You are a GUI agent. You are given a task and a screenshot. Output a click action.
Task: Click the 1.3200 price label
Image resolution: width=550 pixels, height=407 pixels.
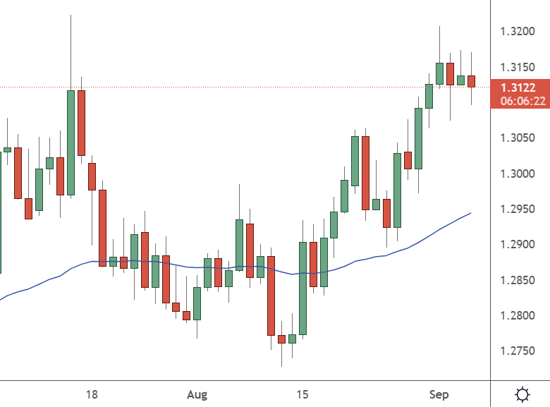(x=518, y=32)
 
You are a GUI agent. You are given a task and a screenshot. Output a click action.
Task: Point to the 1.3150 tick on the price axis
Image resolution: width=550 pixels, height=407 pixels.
(x=518, y=68)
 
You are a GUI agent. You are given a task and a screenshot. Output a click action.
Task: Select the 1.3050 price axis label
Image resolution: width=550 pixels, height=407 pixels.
(x=518, y=138)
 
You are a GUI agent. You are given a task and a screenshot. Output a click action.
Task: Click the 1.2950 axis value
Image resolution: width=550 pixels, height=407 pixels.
(x=518, y=209)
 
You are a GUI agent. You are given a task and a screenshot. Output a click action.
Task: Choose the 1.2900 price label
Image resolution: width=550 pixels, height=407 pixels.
(x=518, y=245)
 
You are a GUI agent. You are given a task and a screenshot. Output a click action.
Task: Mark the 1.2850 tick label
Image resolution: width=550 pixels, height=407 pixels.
(x=518, y=281)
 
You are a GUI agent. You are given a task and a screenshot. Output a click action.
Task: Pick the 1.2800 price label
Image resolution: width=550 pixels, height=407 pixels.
(x=518, y=316)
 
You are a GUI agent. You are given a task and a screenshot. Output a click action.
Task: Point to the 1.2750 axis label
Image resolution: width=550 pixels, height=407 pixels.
(x=518, y=351)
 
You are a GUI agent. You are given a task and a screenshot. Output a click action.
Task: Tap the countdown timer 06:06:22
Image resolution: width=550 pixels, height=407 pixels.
(x=522, y=101)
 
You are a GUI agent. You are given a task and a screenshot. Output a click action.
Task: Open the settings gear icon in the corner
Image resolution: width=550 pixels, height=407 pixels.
(x=523, y=394)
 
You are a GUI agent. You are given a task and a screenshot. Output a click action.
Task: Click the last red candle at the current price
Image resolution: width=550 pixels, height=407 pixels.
(x=471, y=81)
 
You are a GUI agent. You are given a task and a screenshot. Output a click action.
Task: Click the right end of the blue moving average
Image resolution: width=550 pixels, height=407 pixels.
(x=470, y=213)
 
